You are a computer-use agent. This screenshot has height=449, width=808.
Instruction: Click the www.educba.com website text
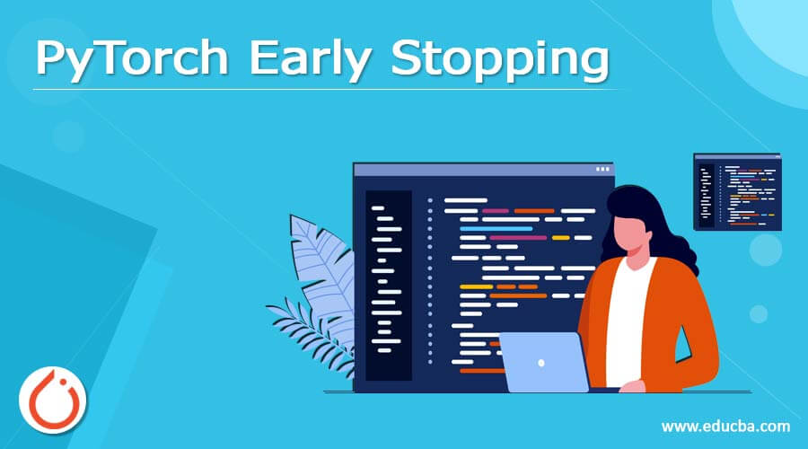(x=725, y=426)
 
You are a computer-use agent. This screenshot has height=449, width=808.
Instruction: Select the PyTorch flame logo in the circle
(x=53, y=397)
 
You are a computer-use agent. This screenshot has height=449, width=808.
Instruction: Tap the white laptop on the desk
(x=543, y=363)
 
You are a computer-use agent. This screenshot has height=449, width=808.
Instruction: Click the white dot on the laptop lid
(x=541, y=364)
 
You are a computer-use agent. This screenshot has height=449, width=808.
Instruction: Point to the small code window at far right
(x=737, y=191)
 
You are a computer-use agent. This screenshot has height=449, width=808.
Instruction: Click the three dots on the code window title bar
(x=602, y=169)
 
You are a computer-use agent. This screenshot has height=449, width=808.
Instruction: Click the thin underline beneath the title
(x=323, y=89)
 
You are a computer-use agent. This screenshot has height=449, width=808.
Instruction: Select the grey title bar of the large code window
(x=476, y=169)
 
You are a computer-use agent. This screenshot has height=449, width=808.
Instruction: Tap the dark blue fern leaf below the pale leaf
(x=301, y=323)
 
